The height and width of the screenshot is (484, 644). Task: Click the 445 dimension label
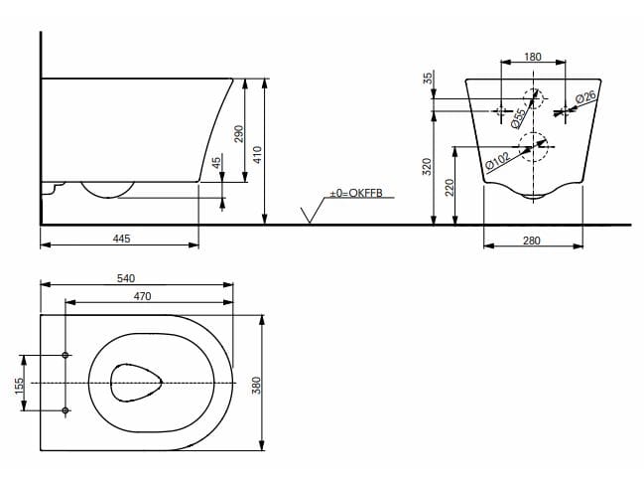point(122,239)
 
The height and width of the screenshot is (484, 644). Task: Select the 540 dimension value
point(126,278)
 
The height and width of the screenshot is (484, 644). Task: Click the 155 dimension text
point(18,383)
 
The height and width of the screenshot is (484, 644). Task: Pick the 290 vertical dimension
point(238,133)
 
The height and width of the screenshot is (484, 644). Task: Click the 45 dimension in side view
point(217,163)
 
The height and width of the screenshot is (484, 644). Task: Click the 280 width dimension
point(533,239)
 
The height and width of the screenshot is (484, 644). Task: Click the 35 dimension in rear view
point(428,78)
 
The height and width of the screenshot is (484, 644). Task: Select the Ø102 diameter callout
point(498,159)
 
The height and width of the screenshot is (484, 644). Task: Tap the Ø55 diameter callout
point(518,117)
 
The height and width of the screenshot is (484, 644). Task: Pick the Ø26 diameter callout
point(585,99)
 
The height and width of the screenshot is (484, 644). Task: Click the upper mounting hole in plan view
point(65,356)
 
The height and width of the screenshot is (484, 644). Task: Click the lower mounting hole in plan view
point(65,409)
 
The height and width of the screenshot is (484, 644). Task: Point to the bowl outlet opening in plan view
point(135,383)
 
